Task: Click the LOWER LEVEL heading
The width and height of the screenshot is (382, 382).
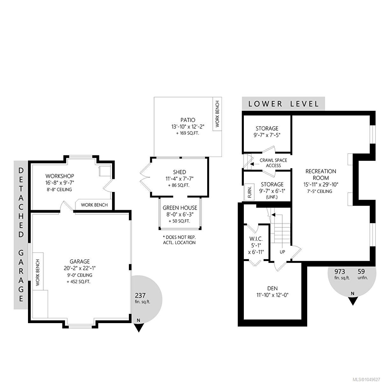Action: click(283, 104)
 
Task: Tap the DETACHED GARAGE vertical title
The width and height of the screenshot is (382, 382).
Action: click(21, 235)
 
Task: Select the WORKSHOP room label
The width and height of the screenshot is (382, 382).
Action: click(60, 176)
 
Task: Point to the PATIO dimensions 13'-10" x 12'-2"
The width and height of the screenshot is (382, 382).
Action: click(188, 127)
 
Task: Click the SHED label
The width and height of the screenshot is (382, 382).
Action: click(180, 172)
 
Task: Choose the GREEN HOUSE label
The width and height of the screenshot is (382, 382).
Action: click(180, 208)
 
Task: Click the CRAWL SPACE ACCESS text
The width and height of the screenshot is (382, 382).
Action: click(273, 163)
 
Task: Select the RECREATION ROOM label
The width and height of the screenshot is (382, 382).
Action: click(321, 174)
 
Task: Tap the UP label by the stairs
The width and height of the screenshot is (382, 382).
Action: click(282, 252)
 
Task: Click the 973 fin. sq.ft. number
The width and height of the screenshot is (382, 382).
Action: click(340, 272)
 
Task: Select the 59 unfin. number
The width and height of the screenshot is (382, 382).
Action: click(361, 272)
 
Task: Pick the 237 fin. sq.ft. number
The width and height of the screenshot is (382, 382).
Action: click(140, 296)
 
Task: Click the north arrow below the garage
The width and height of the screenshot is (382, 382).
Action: click(139, 328)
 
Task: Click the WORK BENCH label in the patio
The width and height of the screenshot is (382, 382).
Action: click(217, 114)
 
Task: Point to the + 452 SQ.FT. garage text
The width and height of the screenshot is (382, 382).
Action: click(79, 282)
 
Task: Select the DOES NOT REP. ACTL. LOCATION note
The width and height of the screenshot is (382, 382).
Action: click(179, 240)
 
